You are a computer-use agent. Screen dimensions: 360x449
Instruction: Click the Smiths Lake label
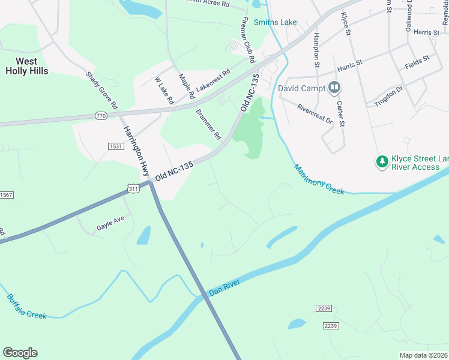click(275, 23)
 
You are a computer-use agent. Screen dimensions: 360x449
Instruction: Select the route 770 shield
click(100, 115)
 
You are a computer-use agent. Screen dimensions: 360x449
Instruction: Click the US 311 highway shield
click(134, 189)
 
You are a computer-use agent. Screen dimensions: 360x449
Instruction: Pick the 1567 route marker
click(5, 195)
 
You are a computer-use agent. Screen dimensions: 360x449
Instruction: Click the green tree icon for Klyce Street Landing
click(381, 162)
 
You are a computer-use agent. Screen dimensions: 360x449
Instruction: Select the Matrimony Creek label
click(319, 178)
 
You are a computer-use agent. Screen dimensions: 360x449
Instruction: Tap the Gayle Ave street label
click(110, 228)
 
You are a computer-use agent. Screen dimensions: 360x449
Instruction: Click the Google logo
click(20, 353)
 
